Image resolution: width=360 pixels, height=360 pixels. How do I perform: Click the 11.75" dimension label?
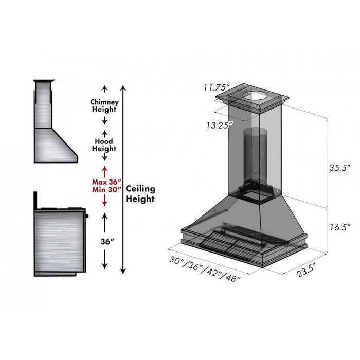pyautogui.click(x=215, y=87)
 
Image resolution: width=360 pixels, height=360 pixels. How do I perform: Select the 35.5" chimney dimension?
pyautogui.click(x=339, y=168)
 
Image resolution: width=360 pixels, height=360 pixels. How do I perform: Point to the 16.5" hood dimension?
pyautogui.click(x=339, y=226)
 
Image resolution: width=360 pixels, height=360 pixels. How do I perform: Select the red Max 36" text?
pyautogui.click(x=105, y=182)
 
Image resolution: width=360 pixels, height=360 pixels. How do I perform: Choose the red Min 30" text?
pyautogui.click(x=105, y=189)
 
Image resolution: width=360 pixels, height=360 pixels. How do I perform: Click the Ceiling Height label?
pyautogui.click(x=140, y=193)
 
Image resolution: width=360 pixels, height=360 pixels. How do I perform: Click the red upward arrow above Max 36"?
pyautogui.click(x=104, y=170)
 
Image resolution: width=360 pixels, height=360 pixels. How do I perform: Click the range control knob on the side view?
pyautogui.click(x=87, y=215)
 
